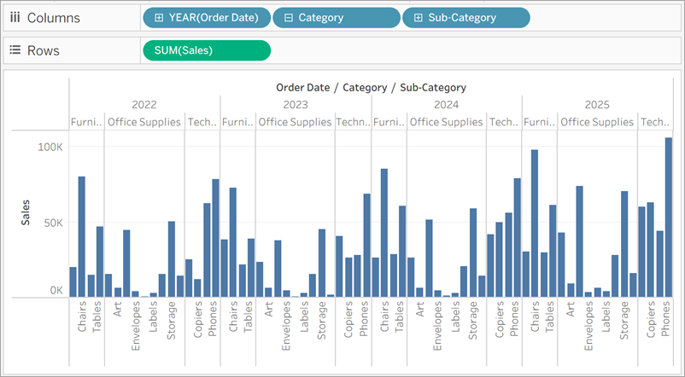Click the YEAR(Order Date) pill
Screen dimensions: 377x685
coord(207,18)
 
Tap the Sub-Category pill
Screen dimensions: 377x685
coord(465,18)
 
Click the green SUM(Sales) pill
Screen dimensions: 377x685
coord(207,50)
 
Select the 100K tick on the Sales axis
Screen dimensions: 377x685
coord(50,148)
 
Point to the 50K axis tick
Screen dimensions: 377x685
coord(52,223)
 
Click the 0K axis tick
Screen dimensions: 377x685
coord(56,291)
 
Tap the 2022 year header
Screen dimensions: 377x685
coord(143,104)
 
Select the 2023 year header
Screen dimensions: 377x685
coord(295,104)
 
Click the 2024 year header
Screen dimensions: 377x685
coord(446,104)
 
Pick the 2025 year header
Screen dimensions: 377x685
coord(597,104)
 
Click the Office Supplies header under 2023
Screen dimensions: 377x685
coord(295,122)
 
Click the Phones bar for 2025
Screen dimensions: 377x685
coord(668,217)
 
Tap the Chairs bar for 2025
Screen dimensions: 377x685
coord(535,223)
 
